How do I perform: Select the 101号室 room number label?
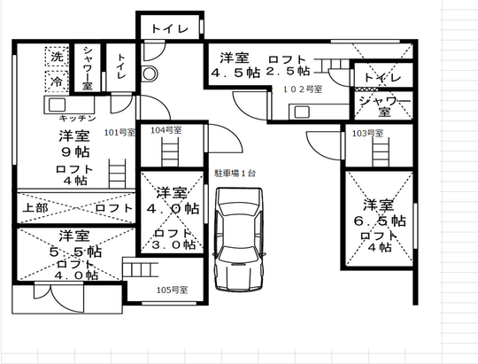(x=119, y=133)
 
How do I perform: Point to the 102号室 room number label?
(x=303, y=89)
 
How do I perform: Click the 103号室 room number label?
(x=367, y=133)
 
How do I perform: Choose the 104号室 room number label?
(x=166, y=130)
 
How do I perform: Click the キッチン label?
(x=78, y=118)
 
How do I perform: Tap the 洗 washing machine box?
(x=57, y=58)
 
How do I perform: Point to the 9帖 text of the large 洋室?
(x=74, y=151)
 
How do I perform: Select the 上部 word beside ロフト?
(x=36, y=208)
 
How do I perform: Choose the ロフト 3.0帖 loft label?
(x=168, y=239)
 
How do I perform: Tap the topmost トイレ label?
(x=169, y=29)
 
